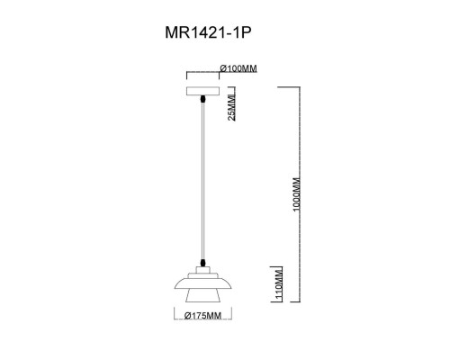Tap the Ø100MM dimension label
[x=238, y=68]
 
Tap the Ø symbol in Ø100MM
[x=222, y=68]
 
